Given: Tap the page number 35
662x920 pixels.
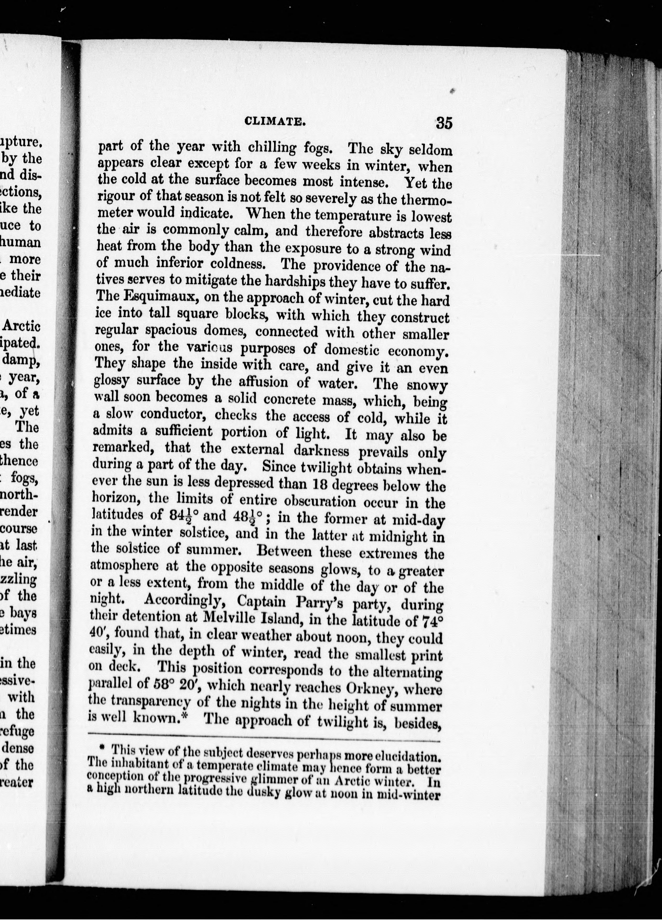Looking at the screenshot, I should click(x=444, y=123).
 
